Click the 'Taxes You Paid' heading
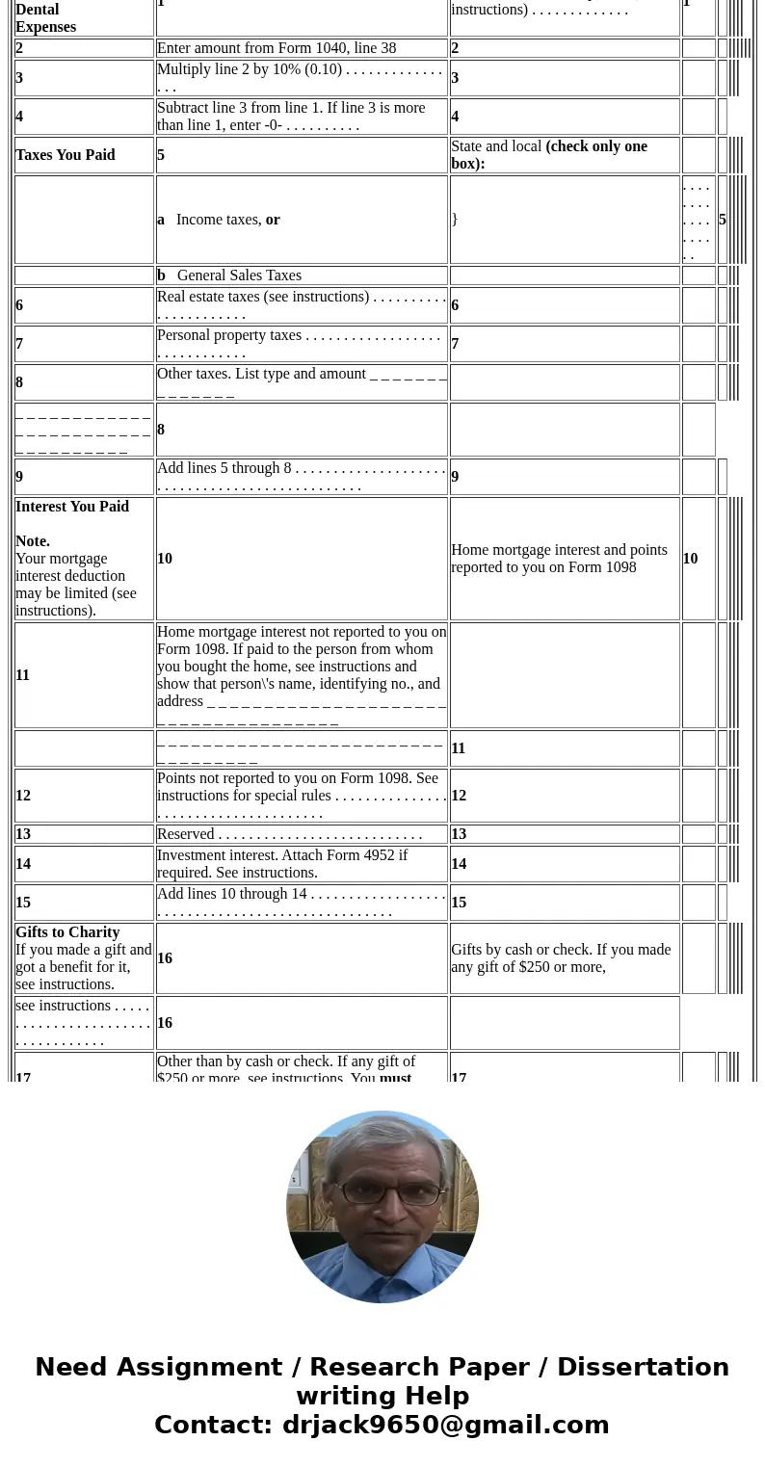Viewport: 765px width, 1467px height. coord(66,155)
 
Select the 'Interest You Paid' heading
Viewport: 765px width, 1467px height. coord(72,507)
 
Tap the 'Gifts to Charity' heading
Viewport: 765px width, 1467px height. coord(67,932)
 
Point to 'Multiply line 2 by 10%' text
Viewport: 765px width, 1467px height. coord(250,69)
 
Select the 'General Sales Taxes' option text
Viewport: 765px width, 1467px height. coord(239,275)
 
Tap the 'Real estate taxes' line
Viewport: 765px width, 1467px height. coord(263,297)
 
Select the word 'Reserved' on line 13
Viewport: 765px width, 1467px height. coord(185,834)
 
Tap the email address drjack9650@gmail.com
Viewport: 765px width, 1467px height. coord(445,1425)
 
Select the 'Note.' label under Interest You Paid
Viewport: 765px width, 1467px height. coord(33,541)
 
